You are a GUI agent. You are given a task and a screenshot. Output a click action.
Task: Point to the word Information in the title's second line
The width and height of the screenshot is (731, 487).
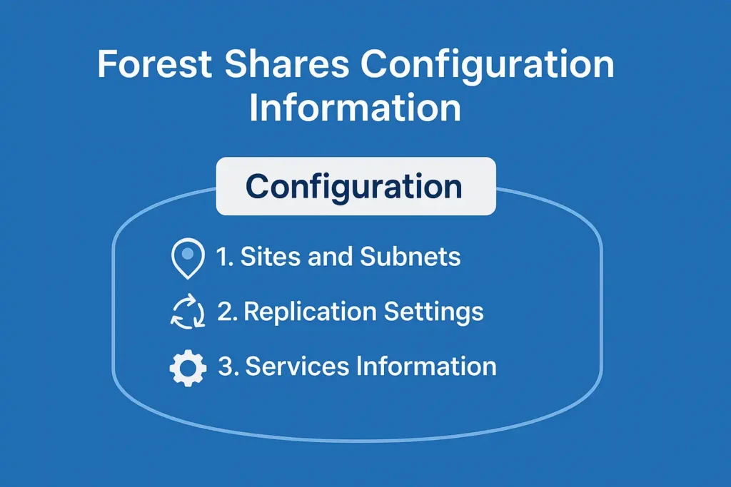click(x=355, y=108)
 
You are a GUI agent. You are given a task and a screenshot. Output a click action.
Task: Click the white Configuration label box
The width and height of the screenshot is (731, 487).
click(x=355, y=187)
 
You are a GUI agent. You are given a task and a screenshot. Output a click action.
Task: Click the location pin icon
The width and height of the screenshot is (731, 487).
click(x=188, y=258)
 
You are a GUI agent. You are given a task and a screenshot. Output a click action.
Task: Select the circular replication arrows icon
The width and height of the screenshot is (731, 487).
click(x=188, y=313)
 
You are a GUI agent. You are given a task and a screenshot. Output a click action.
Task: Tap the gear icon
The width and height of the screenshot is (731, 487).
click(x=188, y=368)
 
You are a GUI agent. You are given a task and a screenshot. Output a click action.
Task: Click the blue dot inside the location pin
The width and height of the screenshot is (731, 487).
click(x=188, y=253)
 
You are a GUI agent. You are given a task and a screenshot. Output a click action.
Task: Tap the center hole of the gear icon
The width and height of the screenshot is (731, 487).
click(x=188, y=368)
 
